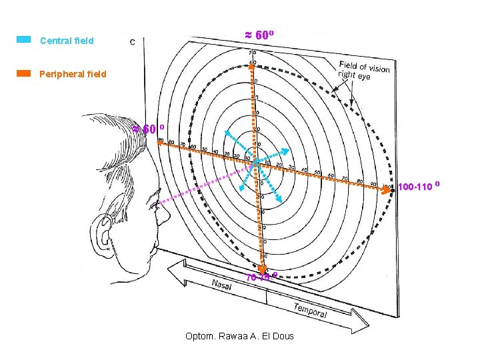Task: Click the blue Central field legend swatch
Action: pyautogui.click(x=23, y=40)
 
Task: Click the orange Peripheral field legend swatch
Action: pyautogui.click(x=23, y=73)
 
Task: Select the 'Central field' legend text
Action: pyautogui.click(x=67, y=41)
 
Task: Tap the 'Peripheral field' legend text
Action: pyautogui.click(x=73, y=74)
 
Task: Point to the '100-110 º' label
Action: pyautogui.click(x=419, y=185)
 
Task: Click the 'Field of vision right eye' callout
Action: pyautogui.click(x=364, y=70)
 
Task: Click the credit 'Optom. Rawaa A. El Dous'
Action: pyautogui.click(x=239, y=335)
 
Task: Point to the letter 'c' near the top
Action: pyautogui.click(x=133, y=41)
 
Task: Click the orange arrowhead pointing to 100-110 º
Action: pyautogui.click(x=391, y=190)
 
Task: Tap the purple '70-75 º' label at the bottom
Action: pyautogui.click(x=261, y=277)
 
